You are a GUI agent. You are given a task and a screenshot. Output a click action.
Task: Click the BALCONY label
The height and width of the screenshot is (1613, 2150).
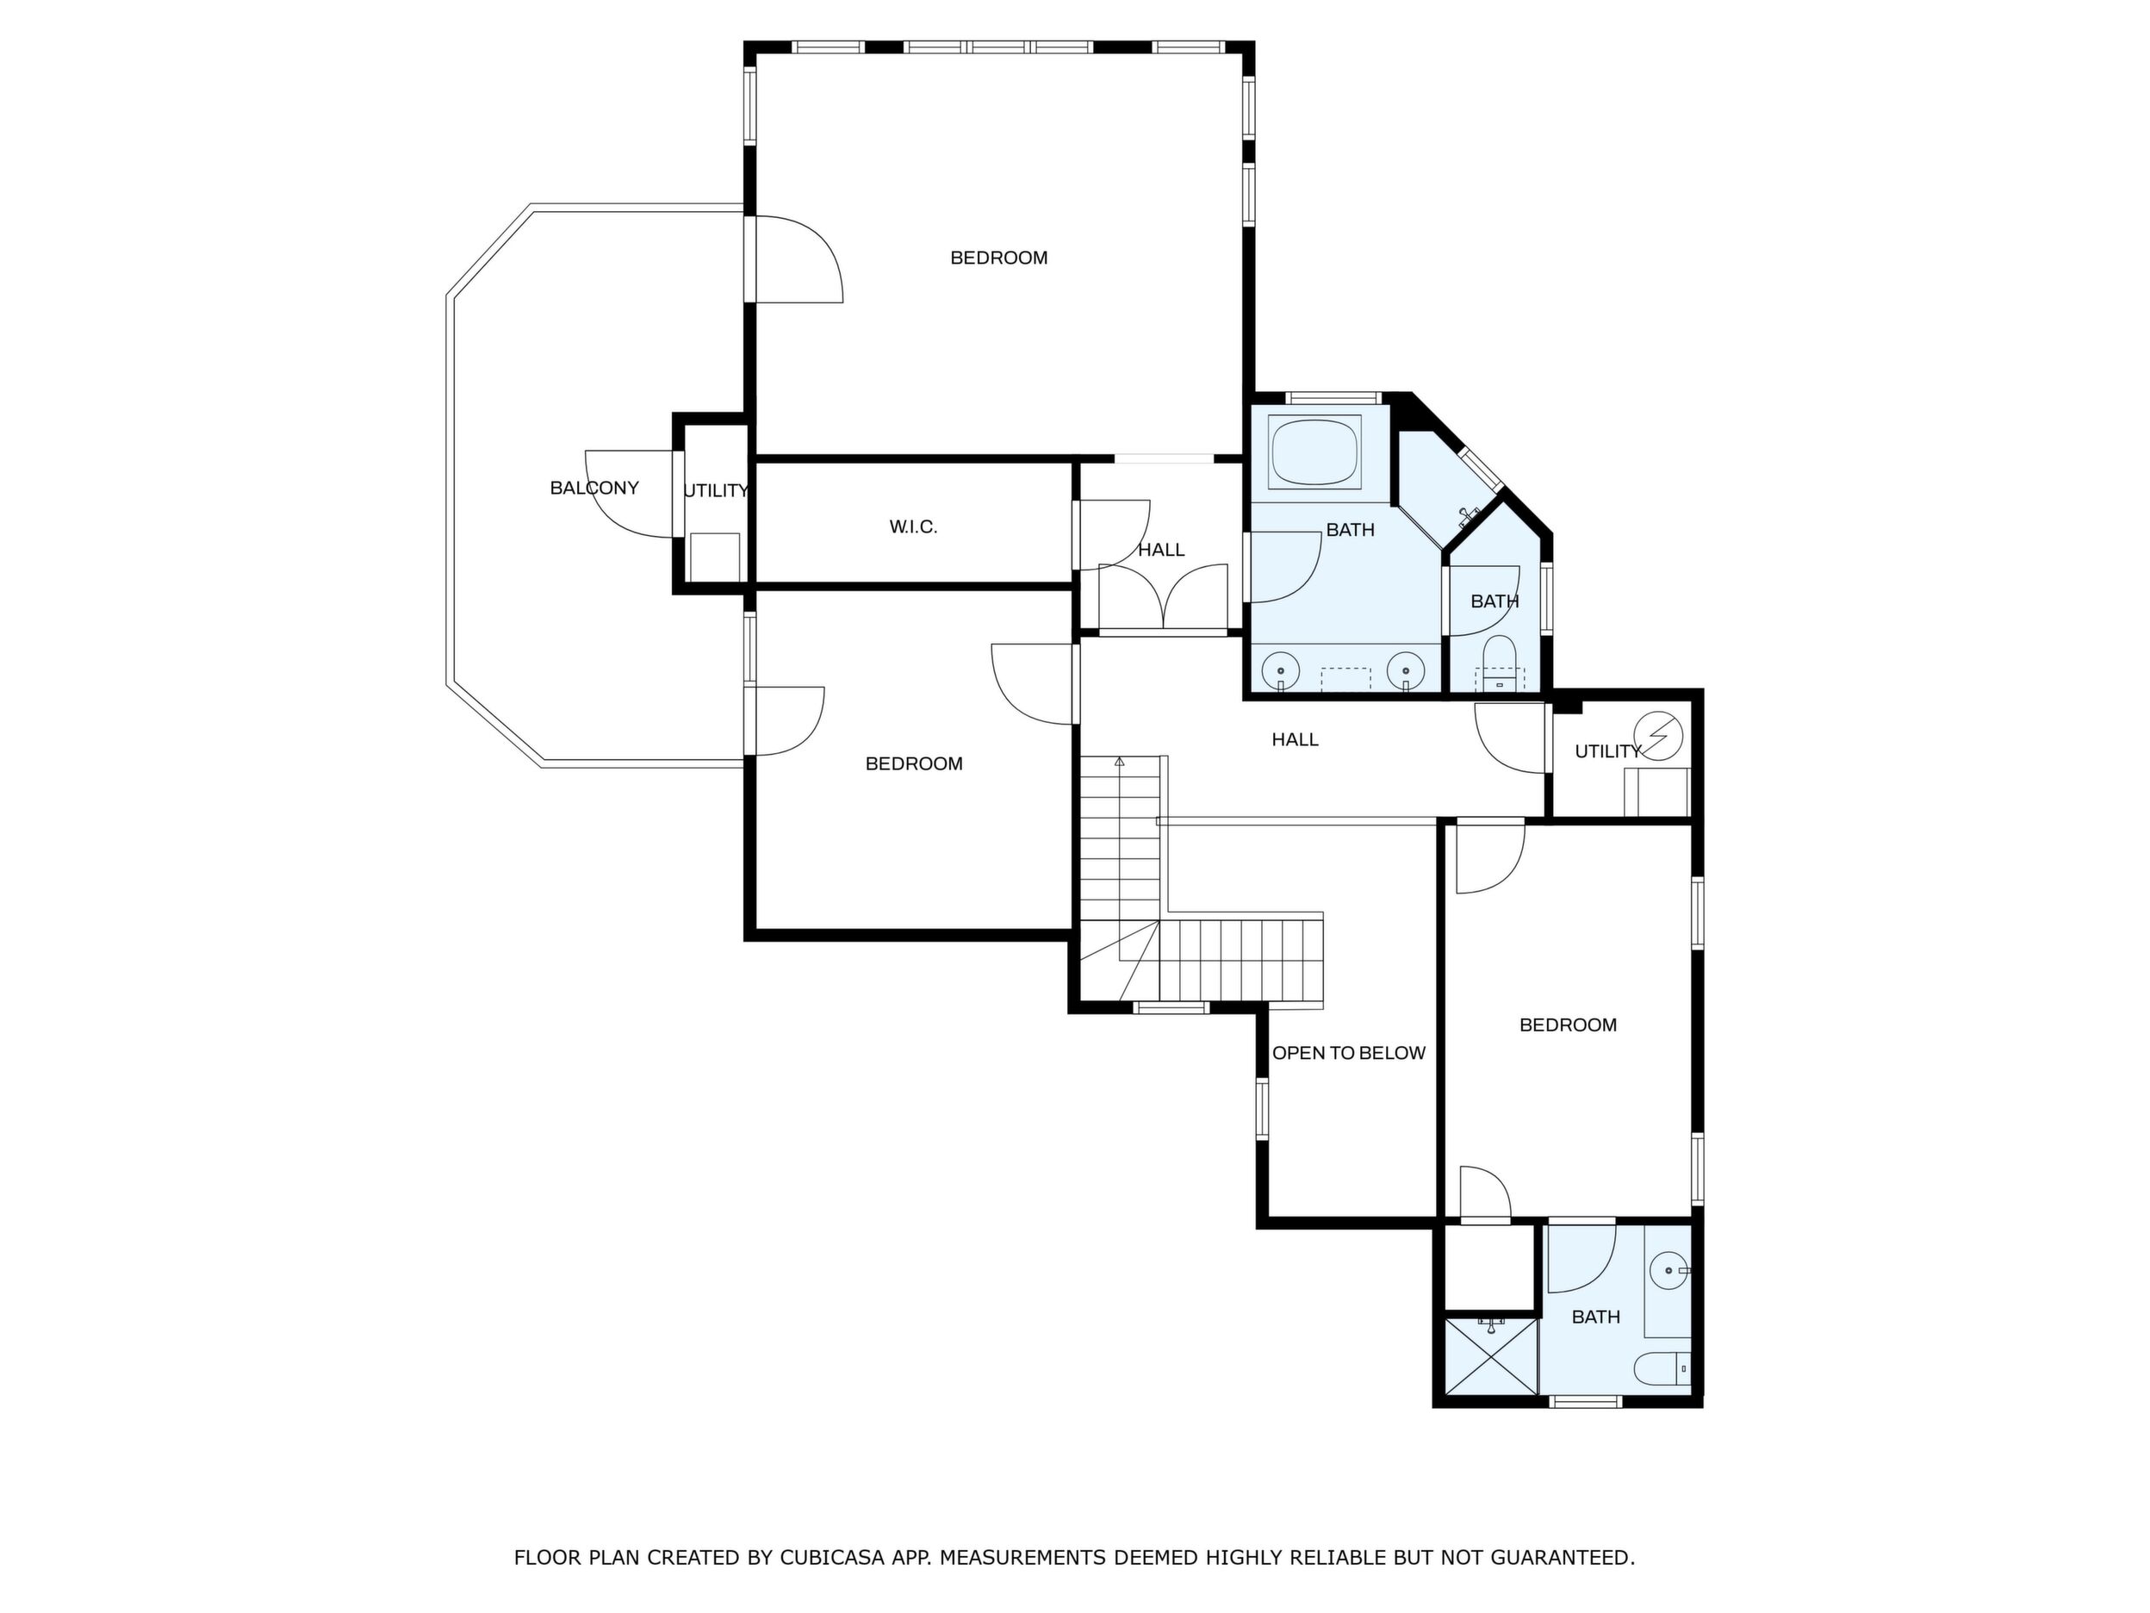coord(593,488)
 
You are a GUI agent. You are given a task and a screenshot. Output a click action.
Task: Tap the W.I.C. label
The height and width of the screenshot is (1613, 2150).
coord(914,527)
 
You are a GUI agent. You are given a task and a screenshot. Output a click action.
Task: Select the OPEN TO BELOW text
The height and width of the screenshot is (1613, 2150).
coord(1348,1053)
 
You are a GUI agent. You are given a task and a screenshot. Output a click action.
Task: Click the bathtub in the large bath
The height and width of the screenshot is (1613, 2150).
coord(1317,452)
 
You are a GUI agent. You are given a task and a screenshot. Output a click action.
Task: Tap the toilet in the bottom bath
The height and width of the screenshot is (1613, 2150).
coord(1662,1369)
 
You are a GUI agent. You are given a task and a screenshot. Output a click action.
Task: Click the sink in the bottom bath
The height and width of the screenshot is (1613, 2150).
coord(1668,1270)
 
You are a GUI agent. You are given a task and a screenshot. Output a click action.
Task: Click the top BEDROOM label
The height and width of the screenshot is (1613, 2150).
coord(998,258)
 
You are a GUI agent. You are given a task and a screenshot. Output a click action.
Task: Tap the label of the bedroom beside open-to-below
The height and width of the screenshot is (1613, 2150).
coord(1568,1024)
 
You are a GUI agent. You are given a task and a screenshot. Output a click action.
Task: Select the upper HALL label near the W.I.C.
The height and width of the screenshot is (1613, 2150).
coord(1161,551)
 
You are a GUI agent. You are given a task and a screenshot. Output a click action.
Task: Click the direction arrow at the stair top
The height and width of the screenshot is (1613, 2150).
coord(1120,762)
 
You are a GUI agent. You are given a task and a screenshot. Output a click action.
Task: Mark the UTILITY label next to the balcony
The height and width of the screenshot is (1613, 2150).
coord(715,491)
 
